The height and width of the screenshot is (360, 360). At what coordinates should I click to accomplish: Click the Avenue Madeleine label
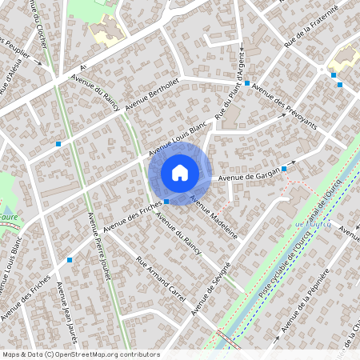click(x=214, y=218)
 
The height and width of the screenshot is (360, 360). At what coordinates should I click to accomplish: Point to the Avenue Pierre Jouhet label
click(x=99, y=248)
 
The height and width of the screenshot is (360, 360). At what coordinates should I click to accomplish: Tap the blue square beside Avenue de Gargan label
click(x=284, y=169)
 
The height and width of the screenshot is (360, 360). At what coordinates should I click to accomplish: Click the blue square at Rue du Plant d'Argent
click(x=247, y=83)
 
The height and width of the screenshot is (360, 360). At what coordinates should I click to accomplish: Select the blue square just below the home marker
click(x=166, y=202)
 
